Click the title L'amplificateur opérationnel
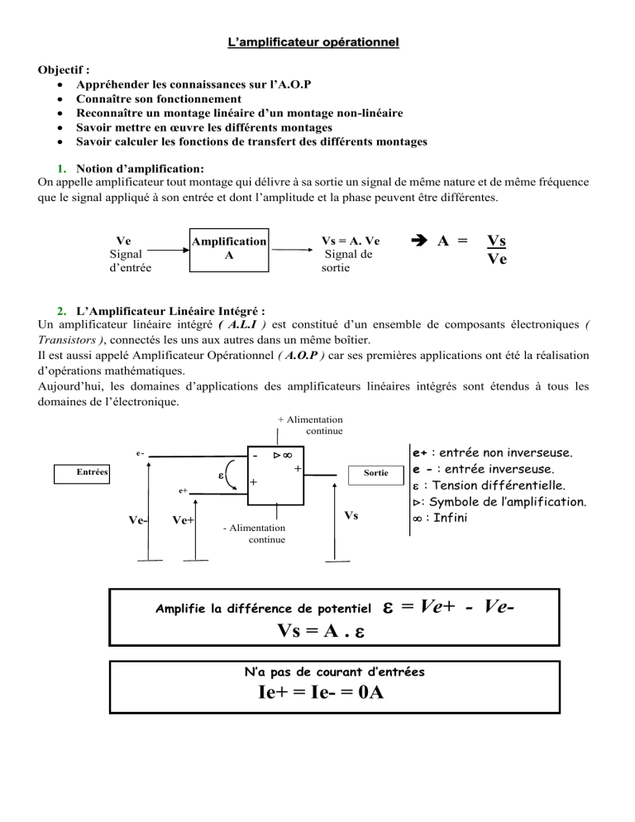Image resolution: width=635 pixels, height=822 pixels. click(317, 40)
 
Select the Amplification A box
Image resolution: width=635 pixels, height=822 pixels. click(229, 249)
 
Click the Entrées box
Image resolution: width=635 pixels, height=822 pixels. click(83, 472)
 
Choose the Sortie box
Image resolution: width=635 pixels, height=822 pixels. click(374, 474)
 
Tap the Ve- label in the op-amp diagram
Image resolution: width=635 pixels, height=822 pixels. click(138, 520)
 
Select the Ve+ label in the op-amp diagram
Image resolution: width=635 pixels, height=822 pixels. click(183, 520)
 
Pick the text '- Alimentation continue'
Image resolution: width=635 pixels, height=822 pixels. click(255, 533)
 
